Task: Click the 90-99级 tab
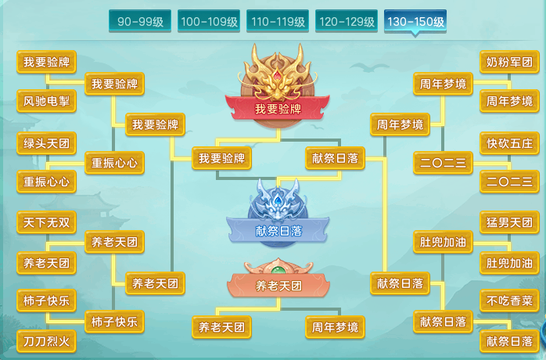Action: (x=140, y=22)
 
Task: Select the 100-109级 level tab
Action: (x=209, y=22)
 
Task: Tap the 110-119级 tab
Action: (x=277, y=22)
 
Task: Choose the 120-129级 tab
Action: (x=346, y=22)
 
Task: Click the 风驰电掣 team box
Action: (x=46, y=101)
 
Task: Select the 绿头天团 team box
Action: (x=46, y=142)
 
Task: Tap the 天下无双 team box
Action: (x=46, y=222)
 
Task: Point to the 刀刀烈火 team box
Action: (x=46, y=341)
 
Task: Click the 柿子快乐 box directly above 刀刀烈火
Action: (x=46, y=301)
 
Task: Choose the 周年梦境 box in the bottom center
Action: (x=335, y=326)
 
